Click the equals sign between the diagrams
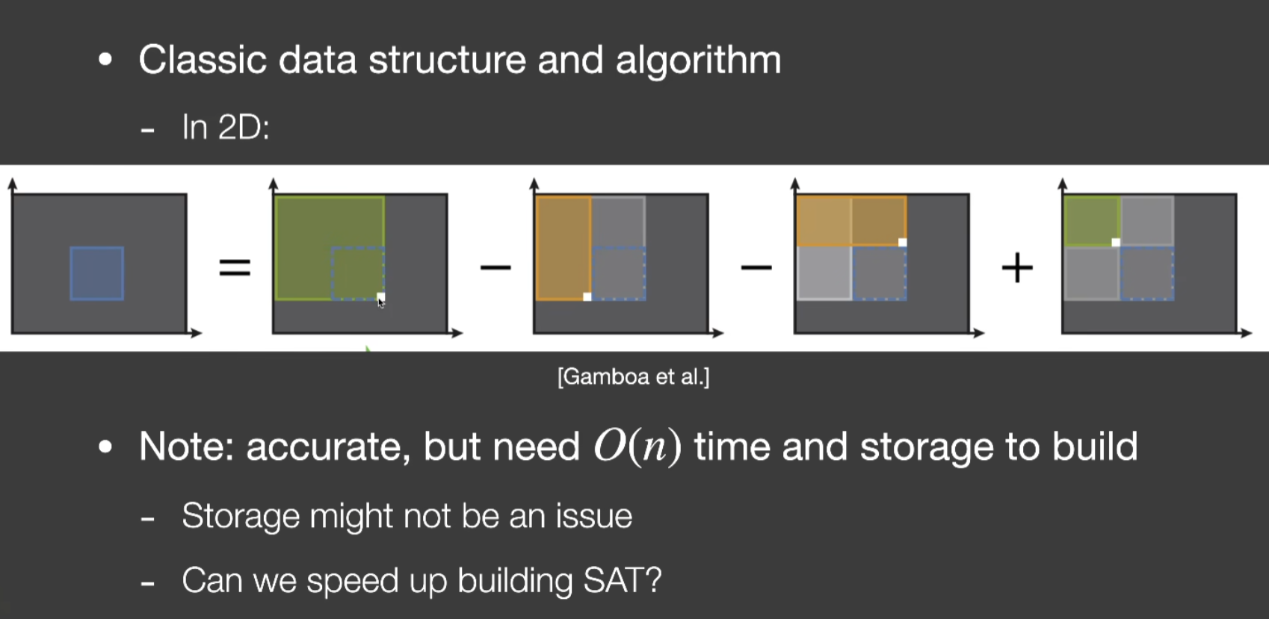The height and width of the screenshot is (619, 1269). [x=235, y=267]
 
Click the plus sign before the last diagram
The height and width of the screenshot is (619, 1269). [x=1017, y=267]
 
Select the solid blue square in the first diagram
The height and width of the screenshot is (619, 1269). [x=97, y=273]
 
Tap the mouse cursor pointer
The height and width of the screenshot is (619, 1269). [x=381, y=302]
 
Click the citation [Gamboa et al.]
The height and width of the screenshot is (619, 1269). [x=633, y=377]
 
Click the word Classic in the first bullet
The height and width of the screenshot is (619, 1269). [x=203, y=60]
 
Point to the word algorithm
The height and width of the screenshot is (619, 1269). [x=698, y=60]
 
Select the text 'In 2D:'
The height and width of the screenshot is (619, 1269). [x=226, y=127]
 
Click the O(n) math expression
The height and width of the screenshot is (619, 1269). [x=637, y=447]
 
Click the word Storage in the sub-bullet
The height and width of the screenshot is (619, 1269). [x=241, y=516]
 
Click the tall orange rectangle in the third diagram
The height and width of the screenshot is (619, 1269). [x=563, y=248]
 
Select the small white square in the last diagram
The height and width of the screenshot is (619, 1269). [x=1116, y=243]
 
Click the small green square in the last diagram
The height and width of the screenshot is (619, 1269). [x=1091, y=221]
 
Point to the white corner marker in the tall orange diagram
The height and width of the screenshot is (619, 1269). [x=587, y=296]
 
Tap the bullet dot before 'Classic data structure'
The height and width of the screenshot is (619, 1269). [x=105, y=60]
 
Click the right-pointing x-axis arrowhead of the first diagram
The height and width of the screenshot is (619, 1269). [x=197, y=333]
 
